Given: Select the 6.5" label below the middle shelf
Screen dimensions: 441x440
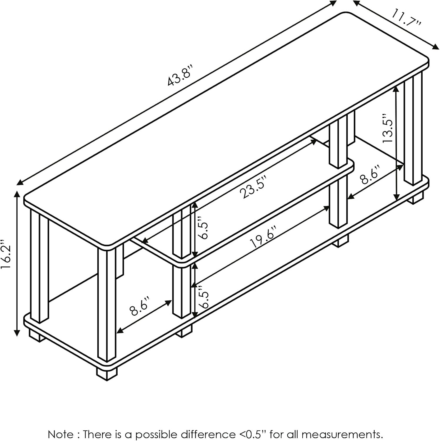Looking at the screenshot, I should point(203,299).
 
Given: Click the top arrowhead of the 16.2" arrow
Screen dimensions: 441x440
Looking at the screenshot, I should point(17,194).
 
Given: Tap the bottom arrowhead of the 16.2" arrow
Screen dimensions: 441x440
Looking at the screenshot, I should point(17,333).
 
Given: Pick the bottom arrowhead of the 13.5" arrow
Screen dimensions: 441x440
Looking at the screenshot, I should point(397,198).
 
